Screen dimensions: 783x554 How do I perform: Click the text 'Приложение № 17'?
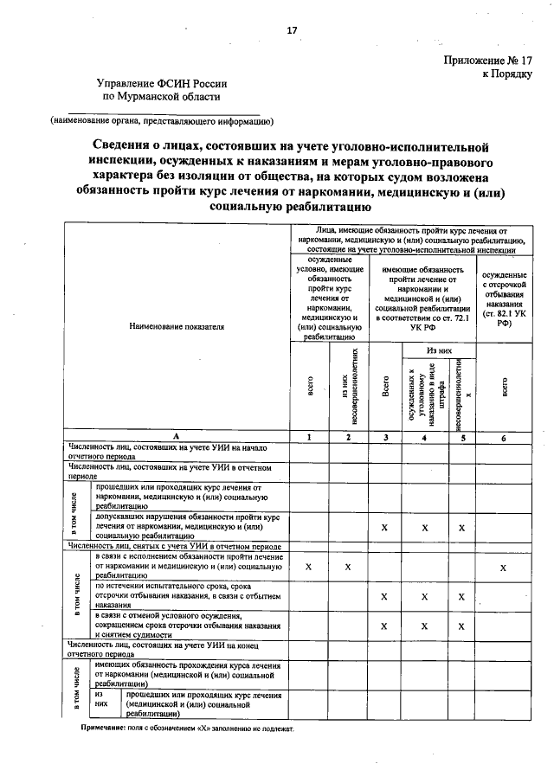[487, 61]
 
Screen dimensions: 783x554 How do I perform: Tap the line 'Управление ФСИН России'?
[163, 84]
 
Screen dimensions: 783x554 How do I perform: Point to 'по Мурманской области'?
[163, 99]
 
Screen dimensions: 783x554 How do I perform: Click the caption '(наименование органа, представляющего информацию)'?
[162, 120]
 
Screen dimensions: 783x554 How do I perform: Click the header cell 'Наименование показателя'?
[176, 327]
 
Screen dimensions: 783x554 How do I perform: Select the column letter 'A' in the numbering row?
[176, 438]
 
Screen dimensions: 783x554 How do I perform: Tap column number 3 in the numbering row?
[384, 438]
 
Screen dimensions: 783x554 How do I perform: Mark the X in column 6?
[503, 568]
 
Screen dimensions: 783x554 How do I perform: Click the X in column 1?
[309, 568]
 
